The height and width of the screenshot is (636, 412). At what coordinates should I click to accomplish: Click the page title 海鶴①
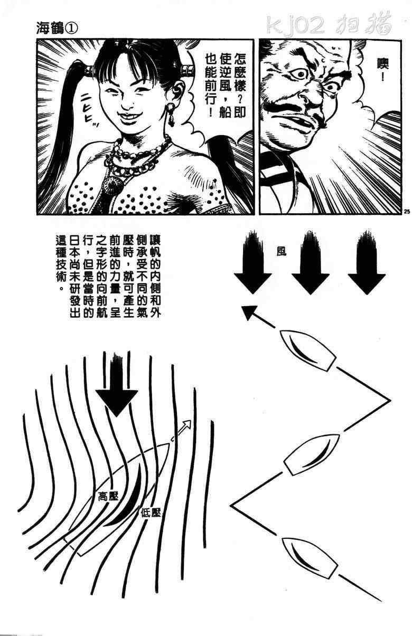pyautogui.click(x=57, y=29)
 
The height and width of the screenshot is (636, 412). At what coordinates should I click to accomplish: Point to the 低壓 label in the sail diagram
pyautogui.click(x=151, y=512)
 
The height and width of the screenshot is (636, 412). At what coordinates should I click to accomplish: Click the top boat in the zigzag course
pyautogui.click(x=308, y=350)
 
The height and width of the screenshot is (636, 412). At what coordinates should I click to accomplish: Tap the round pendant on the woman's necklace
pyautogui.click(x=114, y=183)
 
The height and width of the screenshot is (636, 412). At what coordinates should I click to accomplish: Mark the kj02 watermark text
pyautogui.click(x=296, y=25)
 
